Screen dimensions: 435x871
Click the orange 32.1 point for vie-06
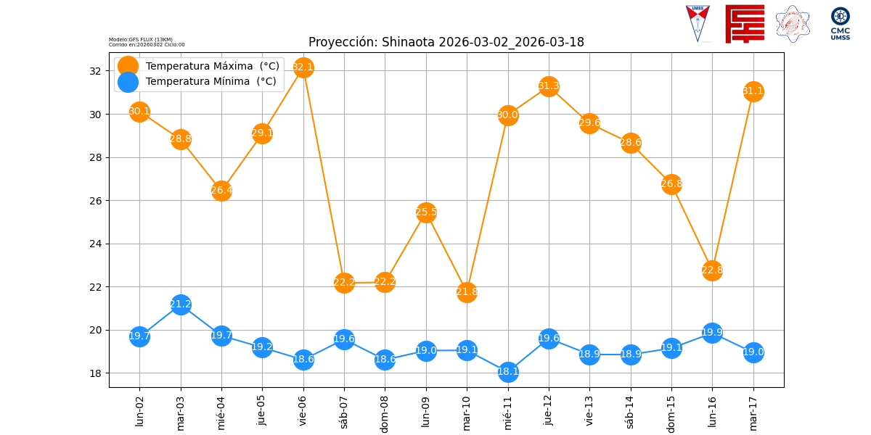[303, 67]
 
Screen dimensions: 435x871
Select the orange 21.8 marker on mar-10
[467, 292]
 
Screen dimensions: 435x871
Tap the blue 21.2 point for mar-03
[181, 304]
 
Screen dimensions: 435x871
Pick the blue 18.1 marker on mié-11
[508, 372]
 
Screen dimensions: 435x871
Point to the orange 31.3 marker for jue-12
[549, 86]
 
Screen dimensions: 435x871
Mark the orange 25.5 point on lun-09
[426, 212]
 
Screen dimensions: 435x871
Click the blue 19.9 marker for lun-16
[712, 333]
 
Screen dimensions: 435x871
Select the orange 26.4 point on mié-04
[221, 191]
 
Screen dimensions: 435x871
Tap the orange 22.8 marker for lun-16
[712, 270]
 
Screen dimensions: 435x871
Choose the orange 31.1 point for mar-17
[753, 91]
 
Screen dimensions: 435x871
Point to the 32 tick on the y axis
[95, 71]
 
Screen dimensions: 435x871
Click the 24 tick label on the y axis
[95, 244]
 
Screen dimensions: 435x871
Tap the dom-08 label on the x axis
[385, 413]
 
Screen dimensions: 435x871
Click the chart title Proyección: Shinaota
[446, 42]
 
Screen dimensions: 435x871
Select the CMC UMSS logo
[840, 24]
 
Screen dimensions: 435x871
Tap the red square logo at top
[745, 24]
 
